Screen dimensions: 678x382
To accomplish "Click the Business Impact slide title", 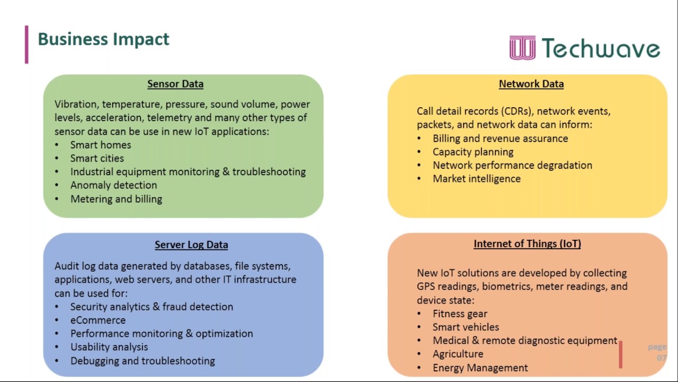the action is tap(103, 39).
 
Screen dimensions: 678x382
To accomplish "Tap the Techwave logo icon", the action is tap(522, 48).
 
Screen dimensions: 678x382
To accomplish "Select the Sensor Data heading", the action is tap(175, 84).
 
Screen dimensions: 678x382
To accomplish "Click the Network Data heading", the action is tap(531, 84).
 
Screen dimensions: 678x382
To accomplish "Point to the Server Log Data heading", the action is tap(191, 245).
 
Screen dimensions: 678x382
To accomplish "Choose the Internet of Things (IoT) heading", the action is tap(527, 244).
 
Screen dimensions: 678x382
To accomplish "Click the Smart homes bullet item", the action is tap(101, 145).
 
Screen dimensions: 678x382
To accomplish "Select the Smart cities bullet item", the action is tap(97, 158).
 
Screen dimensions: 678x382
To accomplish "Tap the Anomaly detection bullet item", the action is tap(113, 185).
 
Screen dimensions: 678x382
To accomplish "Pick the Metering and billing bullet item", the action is tap(116, 199).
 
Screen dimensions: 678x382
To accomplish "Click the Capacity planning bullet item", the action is tap(473, 152).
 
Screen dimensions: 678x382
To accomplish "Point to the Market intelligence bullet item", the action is tap(477, 179).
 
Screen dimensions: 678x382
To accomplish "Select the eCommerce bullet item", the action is tap(98, 320).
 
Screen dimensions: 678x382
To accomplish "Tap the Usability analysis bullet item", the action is tap(109, 347).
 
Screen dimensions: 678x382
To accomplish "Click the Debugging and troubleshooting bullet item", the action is tap(142, 361).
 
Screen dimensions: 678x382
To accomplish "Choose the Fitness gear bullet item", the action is tap(460, 314).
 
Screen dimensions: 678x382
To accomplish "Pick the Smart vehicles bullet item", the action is tap(466, 327).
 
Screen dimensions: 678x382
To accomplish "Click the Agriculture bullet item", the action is tap(458, 354).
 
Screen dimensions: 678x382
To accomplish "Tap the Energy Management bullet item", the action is tap(480, 368).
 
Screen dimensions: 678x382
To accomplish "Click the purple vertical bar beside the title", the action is tap(26, 45).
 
